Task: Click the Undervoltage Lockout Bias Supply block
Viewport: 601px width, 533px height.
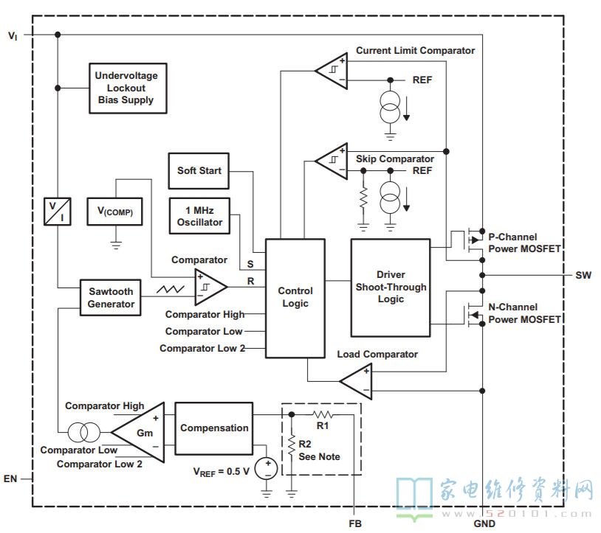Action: [128, 88]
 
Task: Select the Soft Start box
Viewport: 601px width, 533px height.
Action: [199, 170]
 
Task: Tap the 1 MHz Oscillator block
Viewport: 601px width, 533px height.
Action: [199, 216]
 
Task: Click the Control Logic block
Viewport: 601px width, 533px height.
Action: [295, 299]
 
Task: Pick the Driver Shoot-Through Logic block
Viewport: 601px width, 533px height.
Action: [391, 288]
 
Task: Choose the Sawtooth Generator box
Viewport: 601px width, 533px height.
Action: [111, 298]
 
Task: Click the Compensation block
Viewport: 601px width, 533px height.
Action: [214, 428]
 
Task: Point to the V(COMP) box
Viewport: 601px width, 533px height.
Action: [114, 212]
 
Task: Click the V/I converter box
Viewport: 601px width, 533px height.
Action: [58, 212]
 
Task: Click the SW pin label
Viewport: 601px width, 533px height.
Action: [583, 275]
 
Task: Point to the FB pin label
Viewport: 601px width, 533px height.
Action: [355, 523]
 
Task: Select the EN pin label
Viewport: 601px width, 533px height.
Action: [10, 478]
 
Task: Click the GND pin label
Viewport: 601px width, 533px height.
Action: [484, 523]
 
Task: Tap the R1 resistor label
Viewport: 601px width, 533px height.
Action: [323, 425]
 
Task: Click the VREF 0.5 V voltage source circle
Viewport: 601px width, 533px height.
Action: [267, 468]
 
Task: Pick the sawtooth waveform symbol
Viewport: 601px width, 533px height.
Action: [170, 289]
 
